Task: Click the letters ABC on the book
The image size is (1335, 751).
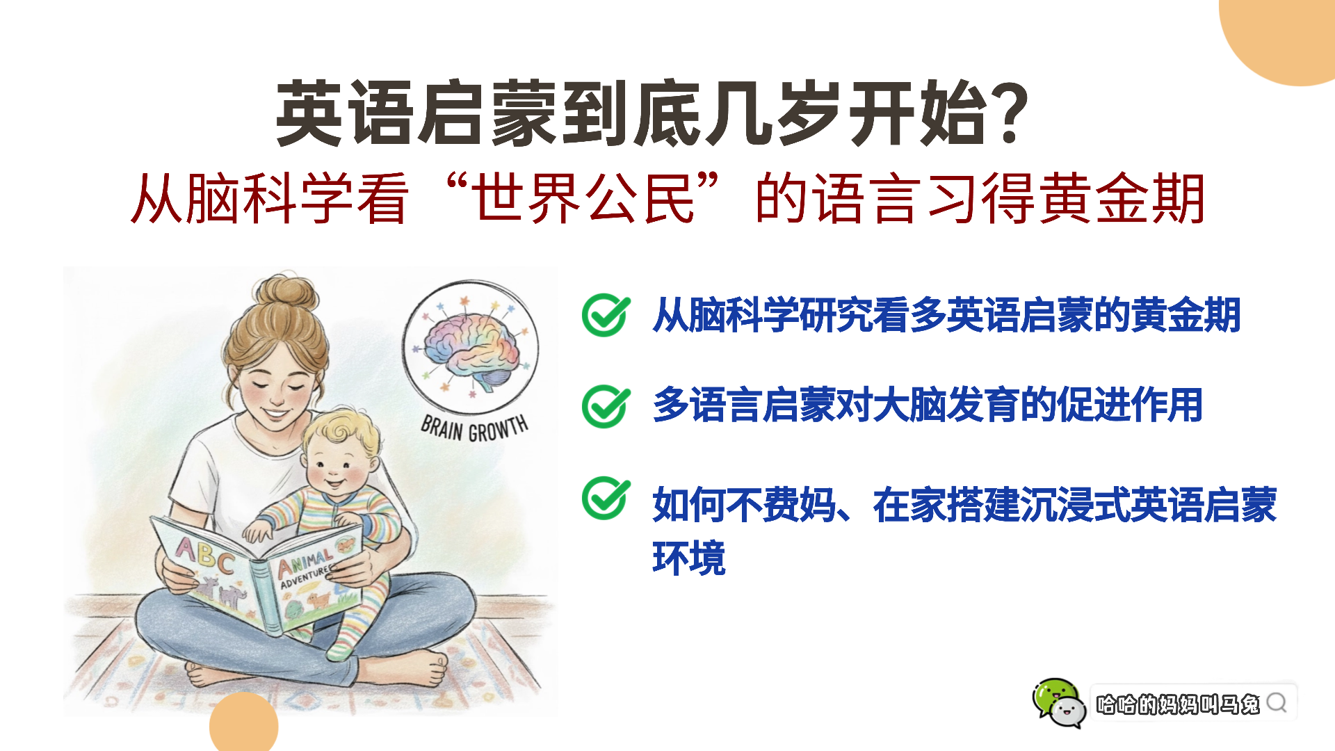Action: pos(204,554)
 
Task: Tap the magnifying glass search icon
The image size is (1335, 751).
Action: pos(1277,703)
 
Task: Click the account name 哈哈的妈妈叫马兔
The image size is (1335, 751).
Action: pos(1178,704)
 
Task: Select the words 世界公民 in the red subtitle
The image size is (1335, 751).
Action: pos(583,199)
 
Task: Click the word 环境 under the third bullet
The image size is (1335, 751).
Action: pos(689,558)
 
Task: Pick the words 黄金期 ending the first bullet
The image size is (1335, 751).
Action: pos(1186,315)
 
